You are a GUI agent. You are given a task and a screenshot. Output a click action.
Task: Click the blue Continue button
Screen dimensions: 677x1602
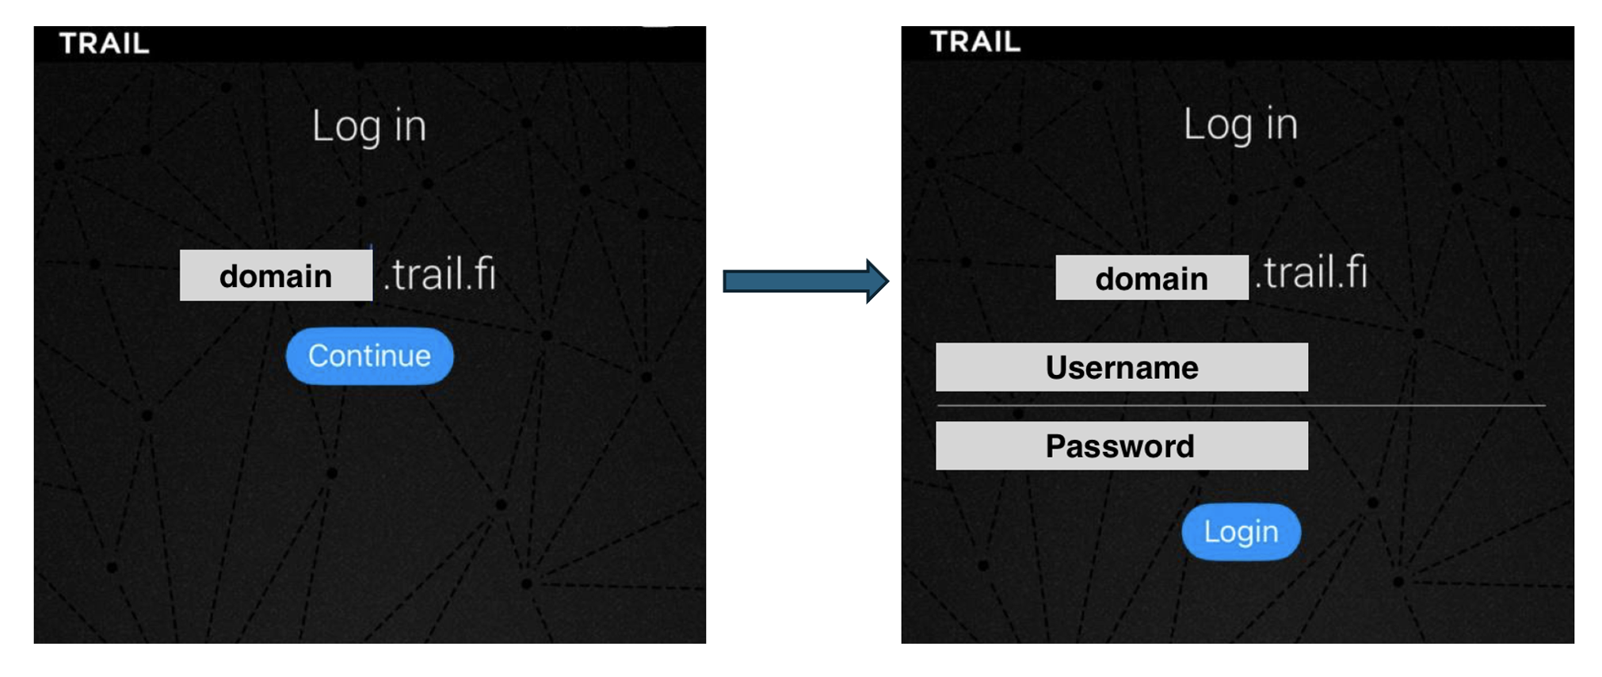pos(369,356)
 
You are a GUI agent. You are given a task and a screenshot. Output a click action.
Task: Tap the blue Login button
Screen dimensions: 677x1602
pos(1241,532)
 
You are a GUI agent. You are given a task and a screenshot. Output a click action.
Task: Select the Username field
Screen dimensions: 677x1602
pos(1121,367)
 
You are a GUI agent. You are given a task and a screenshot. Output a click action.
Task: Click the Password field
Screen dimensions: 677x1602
pos(1121,446)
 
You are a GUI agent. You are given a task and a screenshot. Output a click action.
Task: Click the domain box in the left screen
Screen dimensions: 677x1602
pos(276,276)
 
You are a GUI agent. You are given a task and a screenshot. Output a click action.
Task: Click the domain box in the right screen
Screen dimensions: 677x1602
pos(1151,278)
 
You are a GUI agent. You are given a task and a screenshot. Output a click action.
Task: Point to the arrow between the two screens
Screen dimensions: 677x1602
pos(804,281)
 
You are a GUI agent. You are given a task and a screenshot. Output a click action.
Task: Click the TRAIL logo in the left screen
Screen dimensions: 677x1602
pos(104,44)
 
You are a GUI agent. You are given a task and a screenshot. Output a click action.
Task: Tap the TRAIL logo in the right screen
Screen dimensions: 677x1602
pos(975,42)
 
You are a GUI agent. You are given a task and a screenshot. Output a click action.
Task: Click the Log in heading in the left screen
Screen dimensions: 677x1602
pos(369,127)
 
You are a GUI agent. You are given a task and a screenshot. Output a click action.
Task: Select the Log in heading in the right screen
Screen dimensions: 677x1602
pos(1241,125)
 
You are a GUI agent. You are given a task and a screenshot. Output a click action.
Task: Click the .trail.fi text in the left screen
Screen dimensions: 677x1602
pos(440,275)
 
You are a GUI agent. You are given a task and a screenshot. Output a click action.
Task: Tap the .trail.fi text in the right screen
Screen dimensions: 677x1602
pos(1311,273)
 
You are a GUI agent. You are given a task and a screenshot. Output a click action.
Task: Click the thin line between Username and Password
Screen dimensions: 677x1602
pos(1241,406)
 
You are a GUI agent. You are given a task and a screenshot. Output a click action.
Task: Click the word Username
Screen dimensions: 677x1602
pos(1122,368)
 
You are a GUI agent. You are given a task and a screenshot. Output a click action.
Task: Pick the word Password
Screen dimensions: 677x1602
pos(1119,446)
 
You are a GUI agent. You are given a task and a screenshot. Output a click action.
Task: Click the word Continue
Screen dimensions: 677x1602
pos(369,356)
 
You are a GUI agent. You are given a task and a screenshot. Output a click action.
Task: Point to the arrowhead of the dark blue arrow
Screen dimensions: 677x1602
pos(876,281)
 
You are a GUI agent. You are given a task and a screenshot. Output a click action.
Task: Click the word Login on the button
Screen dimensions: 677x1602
pos(1241,532)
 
